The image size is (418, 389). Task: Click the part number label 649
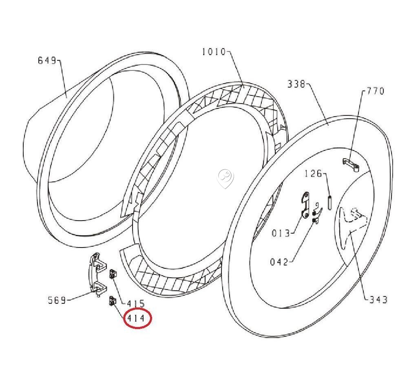[47, 60]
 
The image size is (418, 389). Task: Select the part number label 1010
[214, 51]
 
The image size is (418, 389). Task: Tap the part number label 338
[296, 84]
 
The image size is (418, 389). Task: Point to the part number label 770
[375, 91]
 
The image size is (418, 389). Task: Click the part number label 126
[313, 174]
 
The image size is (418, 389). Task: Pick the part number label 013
[281, 233]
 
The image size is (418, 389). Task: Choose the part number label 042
[279, 262]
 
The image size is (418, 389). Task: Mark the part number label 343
[378, 300]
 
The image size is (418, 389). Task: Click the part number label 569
[57, 301]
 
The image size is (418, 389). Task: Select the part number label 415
[135, 304]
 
